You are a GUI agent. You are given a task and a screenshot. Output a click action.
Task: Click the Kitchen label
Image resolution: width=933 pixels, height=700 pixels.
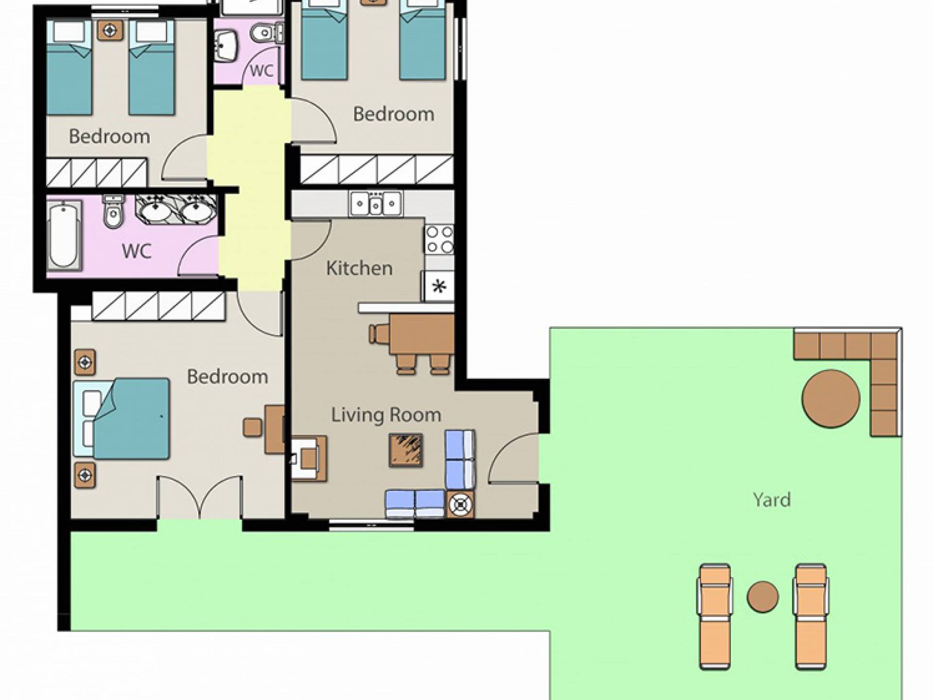click(359, 268)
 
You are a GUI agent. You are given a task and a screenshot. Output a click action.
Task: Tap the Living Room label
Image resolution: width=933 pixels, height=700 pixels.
click(386, 415)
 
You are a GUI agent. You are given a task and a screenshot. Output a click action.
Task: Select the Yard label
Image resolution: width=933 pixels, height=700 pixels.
click(772, 500)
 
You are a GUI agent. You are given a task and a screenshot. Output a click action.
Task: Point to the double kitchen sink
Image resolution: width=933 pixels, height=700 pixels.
click(376, 204)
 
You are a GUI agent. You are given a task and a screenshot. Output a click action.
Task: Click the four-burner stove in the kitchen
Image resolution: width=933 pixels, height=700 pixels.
click(439, 240)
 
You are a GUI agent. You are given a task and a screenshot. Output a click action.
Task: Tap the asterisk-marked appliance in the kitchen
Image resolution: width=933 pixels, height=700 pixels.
click(439, 286)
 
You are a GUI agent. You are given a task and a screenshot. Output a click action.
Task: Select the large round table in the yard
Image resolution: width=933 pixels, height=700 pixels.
click(830, 399)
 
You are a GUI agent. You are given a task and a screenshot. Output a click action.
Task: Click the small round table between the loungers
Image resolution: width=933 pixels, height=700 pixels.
click(762, 596)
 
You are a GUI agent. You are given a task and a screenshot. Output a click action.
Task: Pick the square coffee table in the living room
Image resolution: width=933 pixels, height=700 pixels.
click(406, 450)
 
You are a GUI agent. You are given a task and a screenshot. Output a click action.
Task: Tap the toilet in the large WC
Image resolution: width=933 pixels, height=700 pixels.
click(114, 211)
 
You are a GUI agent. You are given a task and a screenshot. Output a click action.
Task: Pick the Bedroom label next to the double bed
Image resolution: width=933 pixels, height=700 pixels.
click(227, 377)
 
